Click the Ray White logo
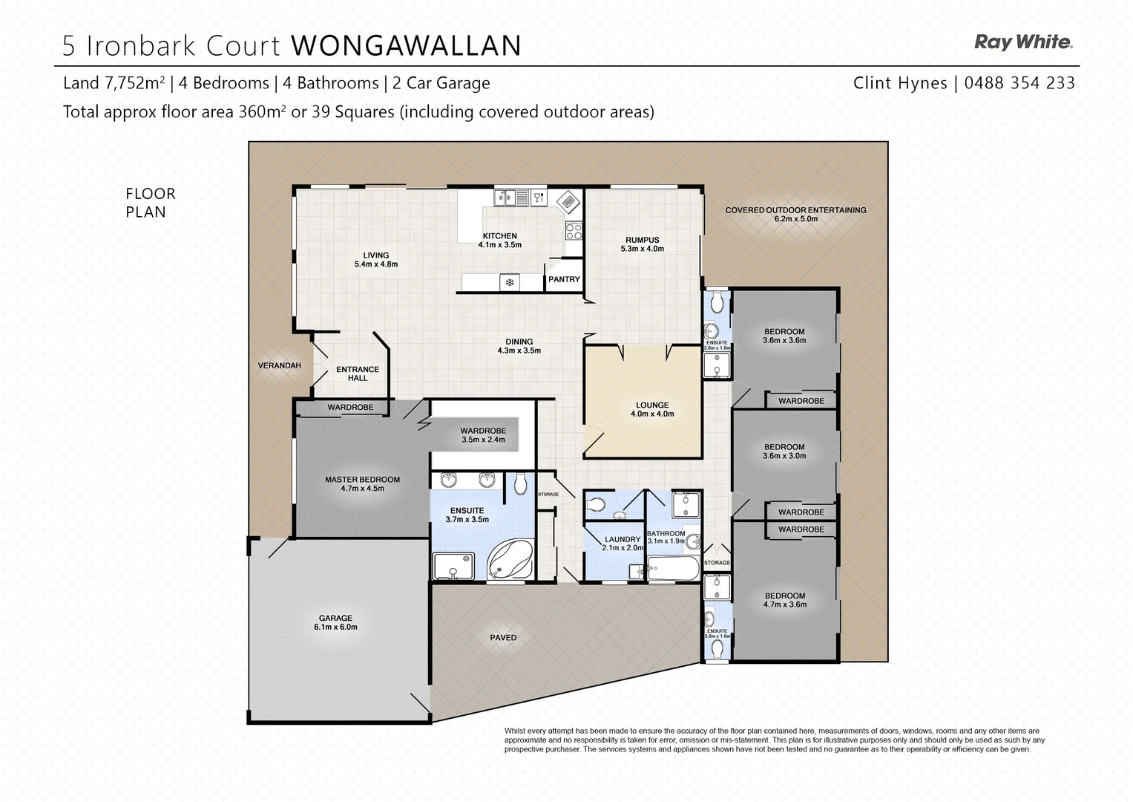click(1023, 42)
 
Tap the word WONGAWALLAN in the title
click(406, 45)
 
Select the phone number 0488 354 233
click(1019, 83)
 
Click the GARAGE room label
click(335, 622)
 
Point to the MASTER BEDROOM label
click(362, 483)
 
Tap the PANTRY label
click(564, 279)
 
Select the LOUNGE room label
click(652, 409)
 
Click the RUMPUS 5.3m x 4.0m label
click(642, 244)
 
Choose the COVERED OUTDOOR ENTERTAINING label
click(795, 214)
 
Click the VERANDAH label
click(279, 365)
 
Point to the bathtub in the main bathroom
click(673, 570)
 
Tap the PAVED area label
click(503, 637)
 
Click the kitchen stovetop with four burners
click(574, 230)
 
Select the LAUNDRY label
click(622, 543)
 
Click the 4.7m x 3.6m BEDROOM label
click(785, 600)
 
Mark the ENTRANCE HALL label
click(358, 374)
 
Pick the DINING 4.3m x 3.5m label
click(519, 346)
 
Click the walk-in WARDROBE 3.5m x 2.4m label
click(482, 434)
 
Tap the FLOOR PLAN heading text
click(151, 203)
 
